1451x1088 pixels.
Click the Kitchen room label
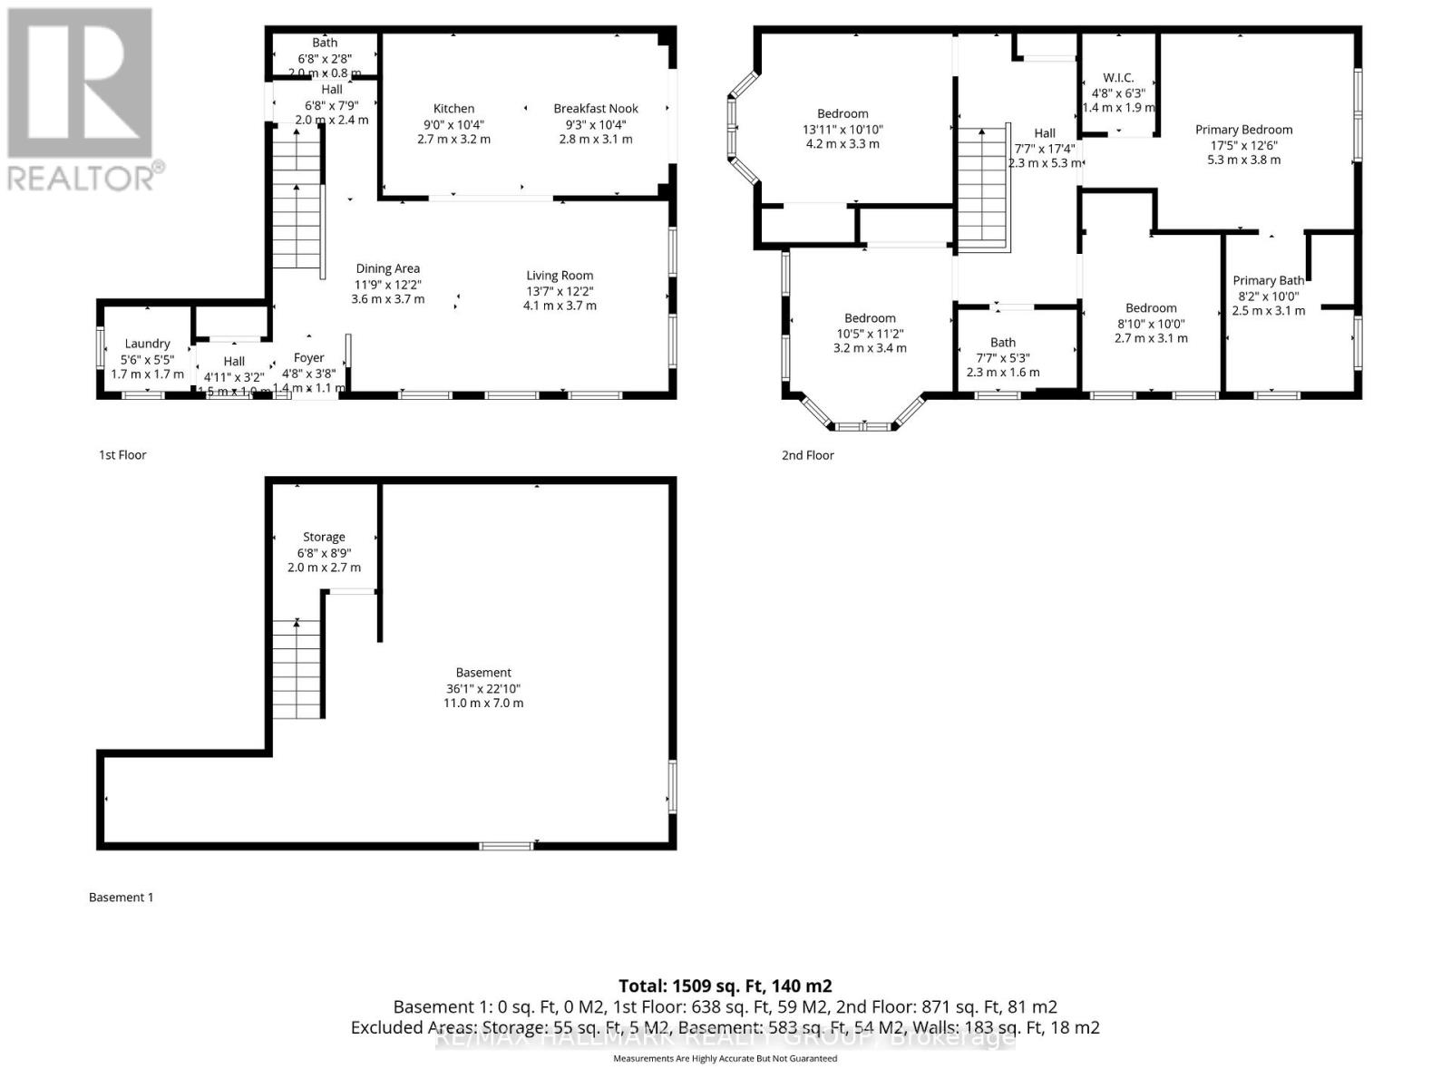pos(453,108)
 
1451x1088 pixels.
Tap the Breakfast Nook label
pos(596,108)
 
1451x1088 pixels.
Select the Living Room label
pos(560,276)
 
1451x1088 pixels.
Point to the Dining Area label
pos(387,268)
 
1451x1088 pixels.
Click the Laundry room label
pos(147,344)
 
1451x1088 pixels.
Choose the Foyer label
pos(308,358)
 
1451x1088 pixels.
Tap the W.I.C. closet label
pos(1118,78)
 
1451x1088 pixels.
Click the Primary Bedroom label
pos(1243,130)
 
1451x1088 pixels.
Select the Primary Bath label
pos(1268,280)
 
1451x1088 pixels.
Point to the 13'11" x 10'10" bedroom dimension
pos(842,129)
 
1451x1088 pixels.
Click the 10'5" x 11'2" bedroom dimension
pos(870,333)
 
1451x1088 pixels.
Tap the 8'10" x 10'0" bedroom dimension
pos(1151,324)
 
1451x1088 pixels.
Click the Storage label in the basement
pos(324,537)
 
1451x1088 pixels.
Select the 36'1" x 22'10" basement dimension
pos(483,688)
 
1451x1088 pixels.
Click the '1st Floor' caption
pos(122,455)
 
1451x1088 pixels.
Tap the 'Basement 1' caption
pos(122,898)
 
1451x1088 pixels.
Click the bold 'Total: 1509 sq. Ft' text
pos(725,986)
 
